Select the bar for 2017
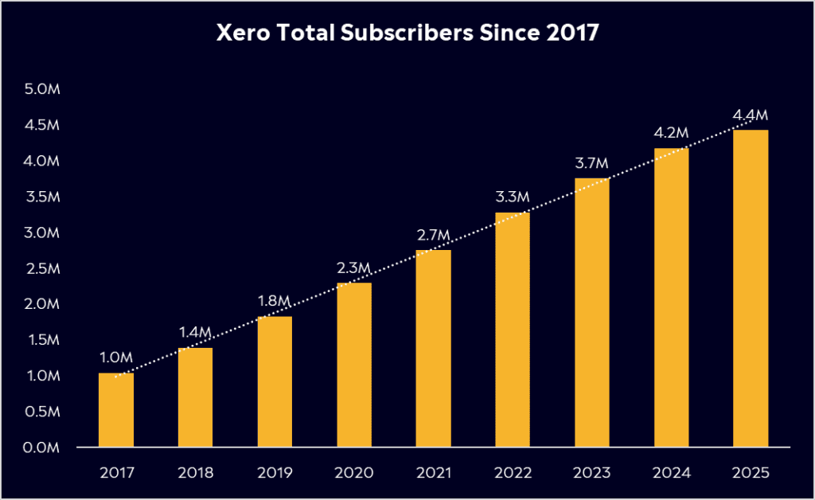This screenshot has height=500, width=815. [x=115, y=410]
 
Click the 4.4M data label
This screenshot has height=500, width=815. [x=751, y=116]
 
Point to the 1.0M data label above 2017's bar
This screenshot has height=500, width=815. [x=115, y=359]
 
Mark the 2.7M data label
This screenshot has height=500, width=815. [x=433, y=236]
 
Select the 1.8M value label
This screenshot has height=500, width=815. [x=275, y=303]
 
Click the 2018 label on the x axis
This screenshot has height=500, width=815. [x=195, y=472]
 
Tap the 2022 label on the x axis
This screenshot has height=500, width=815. [x=513, y=472]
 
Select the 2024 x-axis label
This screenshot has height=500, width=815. [x=671, y=472]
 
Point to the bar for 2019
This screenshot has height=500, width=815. [x=275, y=382]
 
